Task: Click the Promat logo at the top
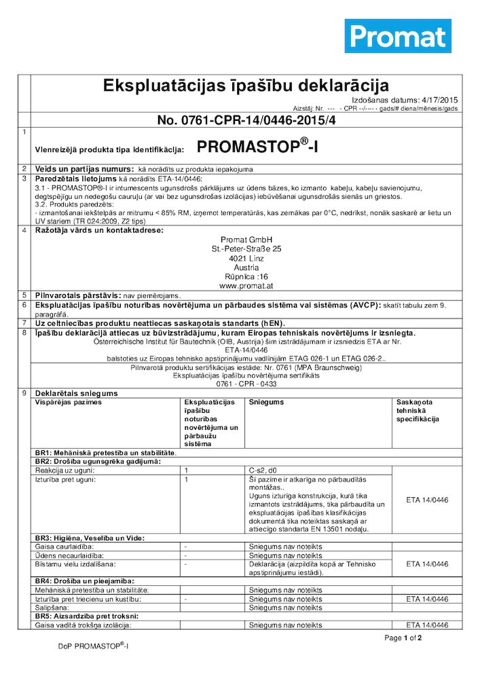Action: click(x=398, y=36)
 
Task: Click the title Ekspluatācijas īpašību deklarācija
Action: click(x=245, y=86)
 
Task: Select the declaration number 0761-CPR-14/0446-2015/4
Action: click(x=246, y=121)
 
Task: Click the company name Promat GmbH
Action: click(x=246, y=240)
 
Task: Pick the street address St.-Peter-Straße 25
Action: click(x=246, y=249)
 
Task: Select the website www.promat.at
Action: click(x=246, y=287)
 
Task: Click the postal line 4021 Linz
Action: click(x=246, y=259)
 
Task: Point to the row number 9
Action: click(x=24, y=393)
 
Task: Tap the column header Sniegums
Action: click(x=266, y=402)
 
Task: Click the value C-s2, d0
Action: click(x=263, y=470)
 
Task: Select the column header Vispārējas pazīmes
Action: click(x=68, y=402)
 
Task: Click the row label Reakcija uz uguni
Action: click(x=64, y=470)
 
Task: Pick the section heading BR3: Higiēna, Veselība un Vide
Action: click(x=99, y=538)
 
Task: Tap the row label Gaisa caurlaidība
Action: click(x=64, y=546)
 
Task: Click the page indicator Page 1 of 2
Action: click(x=403, y=638)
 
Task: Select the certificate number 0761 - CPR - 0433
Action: click(x=246, y=384)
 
